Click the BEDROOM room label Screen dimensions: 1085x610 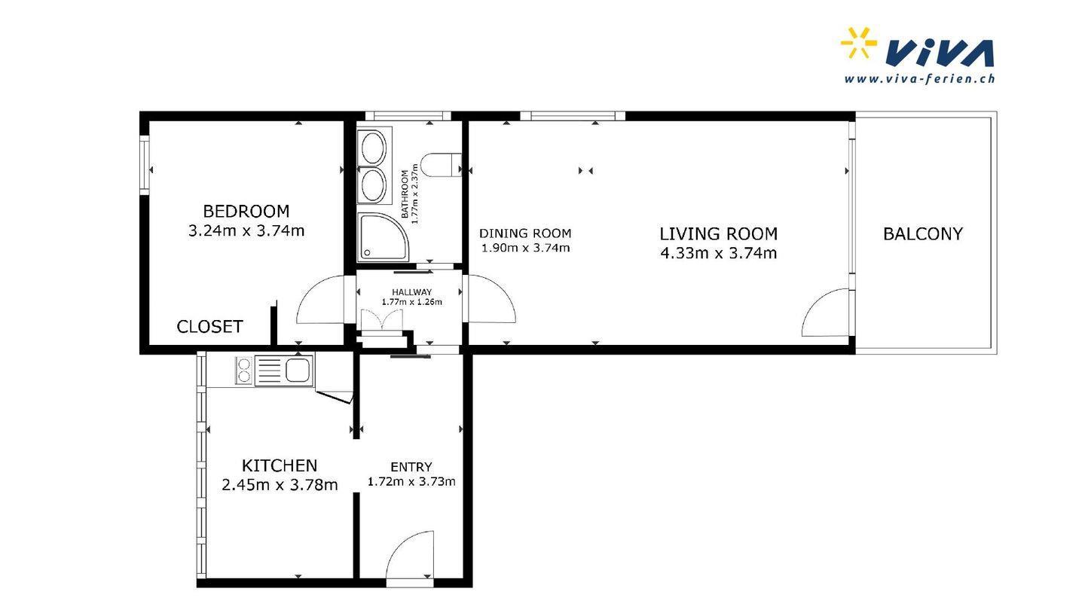click(x=246, y=212)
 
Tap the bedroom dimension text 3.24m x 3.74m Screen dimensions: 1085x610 click(x=246, y=231)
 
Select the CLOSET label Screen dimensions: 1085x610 click(x=209, y=327)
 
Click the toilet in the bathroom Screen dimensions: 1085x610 click(x=441, y=165)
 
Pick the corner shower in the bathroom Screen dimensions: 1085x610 click(x=383, y=236)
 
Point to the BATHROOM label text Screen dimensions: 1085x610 click(x=405, y=194)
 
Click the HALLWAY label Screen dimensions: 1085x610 click(x=411, y=292)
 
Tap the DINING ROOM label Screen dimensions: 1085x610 click(x=525, y=233)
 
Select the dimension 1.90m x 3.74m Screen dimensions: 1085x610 click(x=525, y=249)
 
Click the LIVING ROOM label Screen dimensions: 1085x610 click(x=718, y=233)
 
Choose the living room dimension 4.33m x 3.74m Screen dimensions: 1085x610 click(x=718, y=253)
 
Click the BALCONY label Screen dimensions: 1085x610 click(x=923, y=233)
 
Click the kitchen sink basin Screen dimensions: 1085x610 click(x=298, y=371)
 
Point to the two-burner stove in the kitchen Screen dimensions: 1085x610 click(x=244, y=371)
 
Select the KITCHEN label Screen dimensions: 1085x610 click(x=280, y=465)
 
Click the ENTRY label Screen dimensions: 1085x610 click(x=411, y=467)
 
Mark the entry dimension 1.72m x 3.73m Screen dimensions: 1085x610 click(x=411, y=482)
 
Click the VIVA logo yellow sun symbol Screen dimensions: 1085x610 click(x=858, y=43)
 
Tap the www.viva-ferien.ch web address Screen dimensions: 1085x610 click(x=919, y=79)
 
